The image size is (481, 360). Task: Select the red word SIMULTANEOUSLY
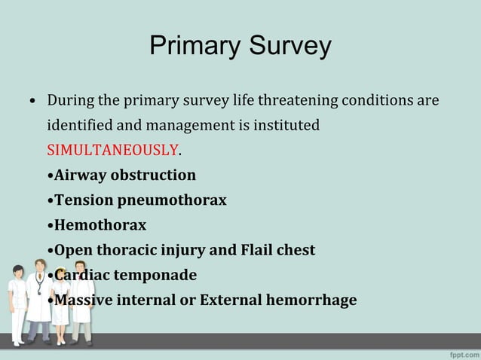click(x=113, y=150)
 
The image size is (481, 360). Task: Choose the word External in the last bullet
click(x=231, y=299)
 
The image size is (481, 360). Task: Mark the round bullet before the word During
click(x=33, y=101)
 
